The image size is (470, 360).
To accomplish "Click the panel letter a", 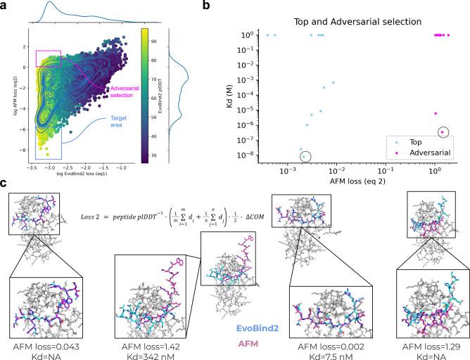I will pos(6,6).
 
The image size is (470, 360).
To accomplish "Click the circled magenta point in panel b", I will pos(442,131).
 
